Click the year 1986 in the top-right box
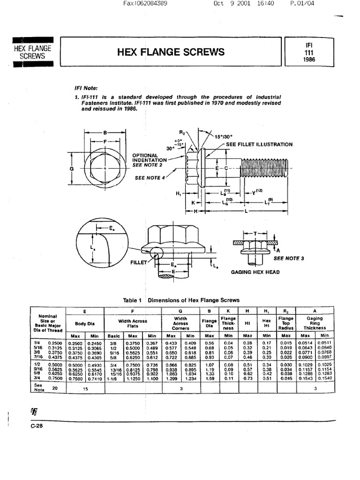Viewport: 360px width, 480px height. tap(308, 60)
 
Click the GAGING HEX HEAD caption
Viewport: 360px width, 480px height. tap(255, 272)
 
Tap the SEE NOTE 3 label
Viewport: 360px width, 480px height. tap(289, 258)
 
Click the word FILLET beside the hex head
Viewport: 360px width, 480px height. tap(138, 262)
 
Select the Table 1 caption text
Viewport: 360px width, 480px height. tap(181, 300)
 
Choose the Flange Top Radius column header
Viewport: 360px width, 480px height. tap(285, 323)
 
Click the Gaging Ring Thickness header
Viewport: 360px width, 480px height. tap(315, 323)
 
